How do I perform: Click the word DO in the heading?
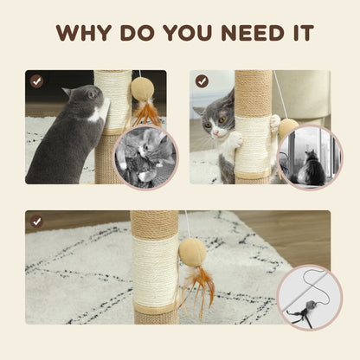pyautogui.click(x=130, y=33)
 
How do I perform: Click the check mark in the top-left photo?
pyautogui.click(x=36, y=81)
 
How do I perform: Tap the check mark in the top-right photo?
pyautogui.click(x=202, y=81)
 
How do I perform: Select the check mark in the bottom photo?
pyautogui.click(x=36, y=222)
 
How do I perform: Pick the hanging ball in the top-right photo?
pyautogui.click(x=288, y=127)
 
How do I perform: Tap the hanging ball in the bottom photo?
pyautogui.click(x=193, y=252)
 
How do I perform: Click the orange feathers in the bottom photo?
pyautogui.click(x=202, y=290)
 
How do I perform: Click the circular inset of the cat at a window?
pyautogui.click(x=309, y=157)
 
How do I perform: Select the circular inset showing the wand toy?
pyautogui.click(x=308, y=298)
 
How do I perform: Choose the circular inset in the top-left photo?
pyautogui.click(x=145, y=157)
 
